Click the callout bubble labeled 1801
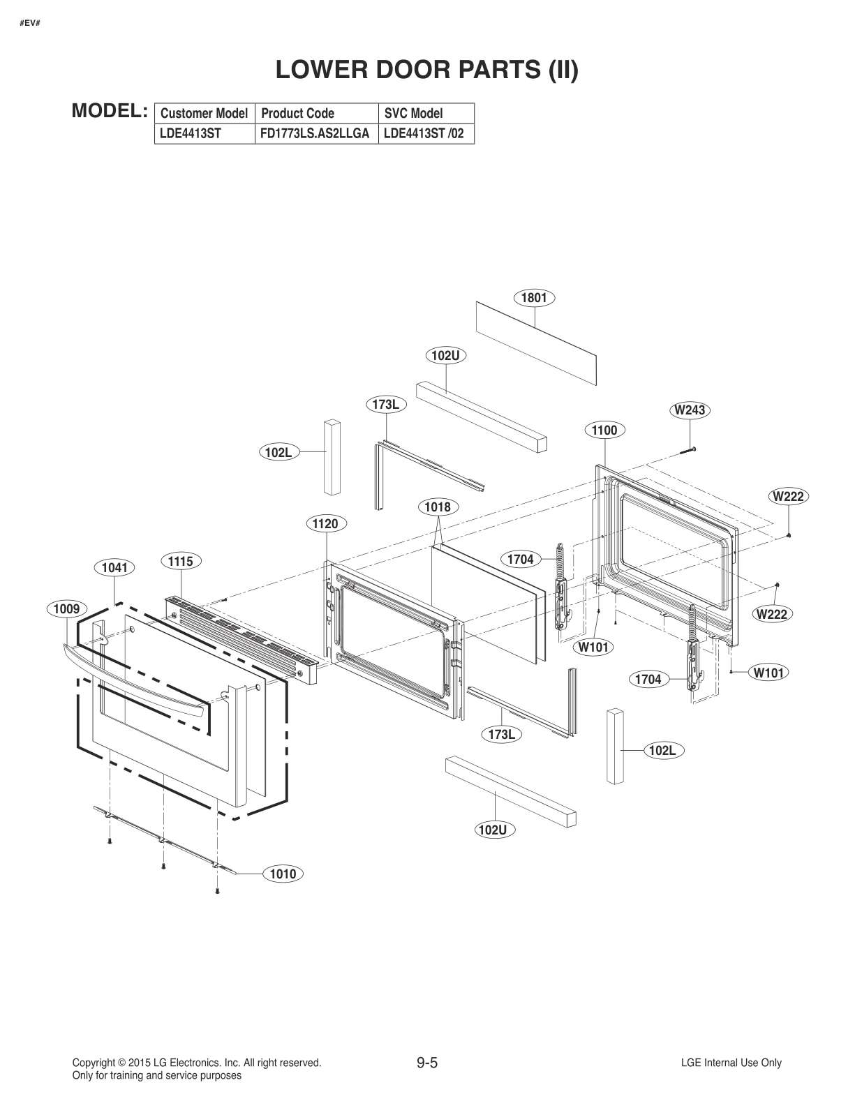tap(534, 298)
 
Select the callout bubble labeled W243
tap(690, 410)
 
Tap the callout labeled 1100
tap(604, 431)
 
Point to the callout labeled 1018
tap(437, 507)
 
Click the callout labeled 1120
tap(326, 524)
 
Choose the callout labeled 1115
tap(180, 561)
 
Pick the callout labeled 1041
tap(114, 568)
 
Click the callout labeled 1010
tap(283, 874)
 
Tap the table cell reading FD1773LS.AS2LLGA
tap(315, 133)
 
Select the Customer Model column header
tap(204, 113)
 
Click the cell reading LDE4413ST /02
tap(424, 133)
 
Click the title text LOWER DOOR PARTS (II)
tap(426, 70)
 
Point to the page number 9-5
tap(426, 1063)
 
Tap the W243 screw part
tap(687, 450)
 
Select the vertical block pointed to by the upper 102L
tap(332, 457)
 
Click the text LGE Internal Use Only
tap(731, 1063)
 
